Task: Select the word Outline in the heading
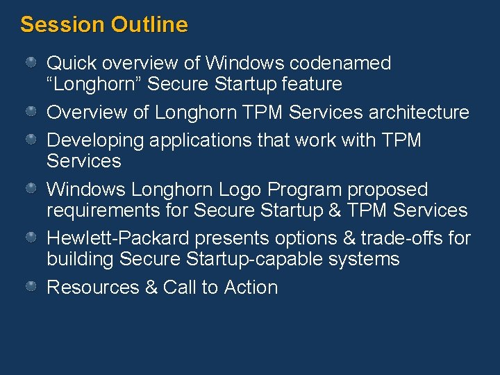(x=149, y=25)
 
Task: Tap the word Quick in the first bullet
(x=72, y=63)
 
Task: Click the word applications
(x=199, y=140)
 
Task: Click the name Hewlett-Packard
(x=117, y=238)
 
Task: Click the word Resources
(x=92, y=287)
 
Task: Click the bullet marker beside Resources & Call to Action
(x=32, y=286)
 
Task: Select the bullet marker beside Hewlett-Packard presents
(x=32, y=237)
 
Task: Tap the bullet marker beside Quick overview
(x=32, y=62)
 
